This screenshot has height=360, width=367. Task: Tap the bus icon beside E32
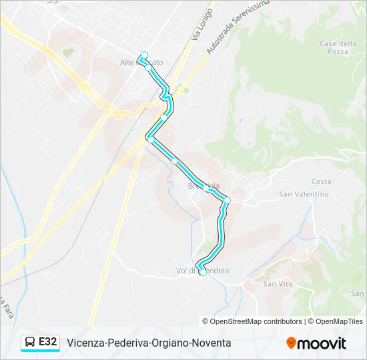30,343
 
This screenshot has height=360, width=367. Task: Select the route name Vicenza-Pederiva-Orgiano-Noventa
149,343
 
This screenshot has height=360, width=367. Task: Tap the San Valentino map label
304,194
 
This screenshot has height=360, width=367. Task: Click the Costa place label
321,181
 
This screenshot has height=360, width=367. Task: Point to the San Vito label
278,284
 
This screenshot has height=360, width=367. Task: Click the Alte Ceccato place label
141,63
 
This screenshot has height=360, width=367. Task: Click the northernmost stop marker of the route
144,55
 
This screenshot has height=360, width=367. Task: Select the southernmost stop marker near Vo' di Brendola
203,271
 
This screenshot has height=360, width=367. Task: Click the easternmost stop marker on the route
228,200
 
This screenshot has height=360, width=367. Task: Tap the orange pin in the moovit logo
291,343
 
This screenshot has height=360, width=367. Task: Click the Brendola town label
204,186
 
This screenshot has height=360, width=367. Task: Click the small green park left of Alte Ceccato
67,51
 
